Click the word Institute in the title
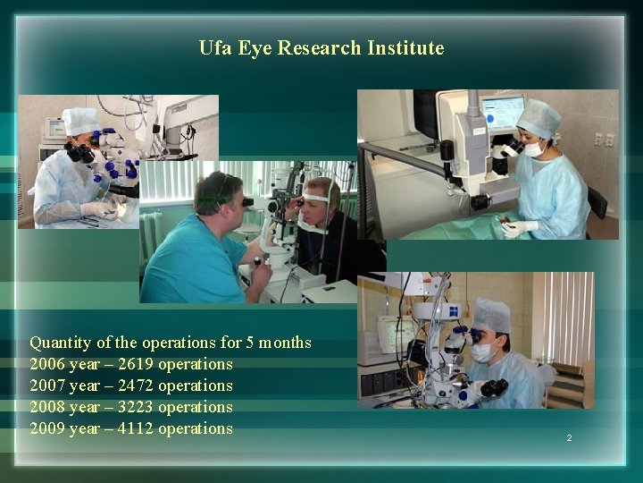pyautogui.click(x=405, y=48)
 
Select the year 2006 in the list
pyautogui.click(x=47, y=364)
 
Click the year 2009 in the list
pyautogui.click(x=47, y=428)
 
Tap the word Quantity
pyautogui.click(x=61, y=343)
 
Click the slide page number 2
pyautogui.click(x=568, y=438)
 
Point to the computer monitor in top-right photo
pyautogui.click(x=503, y=113)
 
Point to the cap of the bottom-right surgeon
pyautogui.click(x=491, y=315)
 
